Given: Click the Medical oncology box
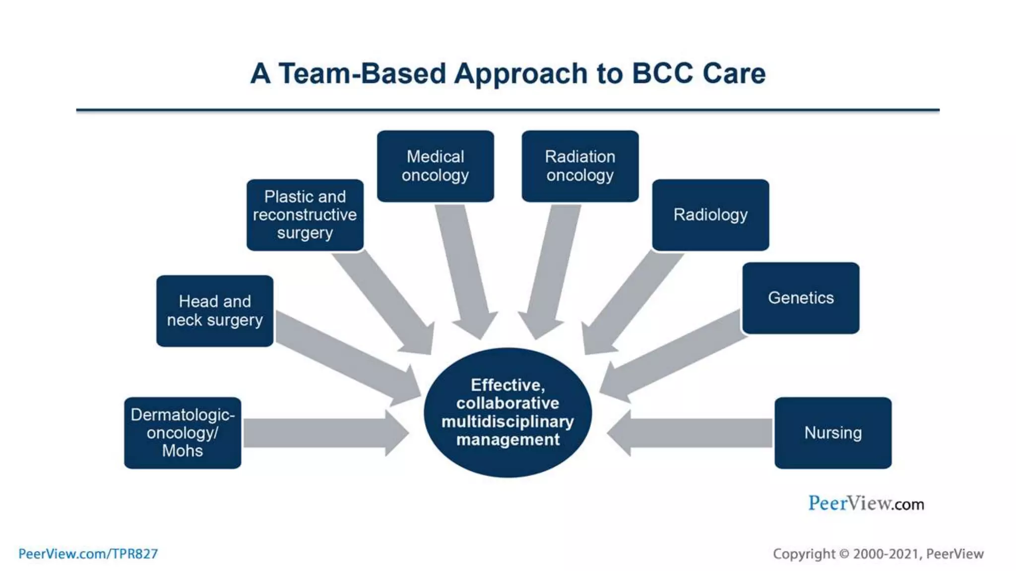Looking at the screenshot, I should [x=435, y=166].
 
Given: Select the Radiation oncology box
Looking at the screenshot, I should [x=580, y=166].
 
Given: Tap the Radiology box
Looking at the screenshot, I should [x=710, y=215].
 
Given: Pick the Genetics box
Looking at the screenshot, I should [x=801, y=298].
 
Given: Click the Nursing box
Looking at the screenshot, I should [x=833, y=433].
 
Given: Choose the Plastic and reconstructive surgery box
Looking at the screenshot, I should [x=305, y=215].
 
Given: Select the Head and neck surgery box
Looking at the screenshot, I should [x=214, y=311].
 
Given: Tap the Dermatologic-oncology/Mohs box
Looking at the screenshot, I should [x=183, y=433].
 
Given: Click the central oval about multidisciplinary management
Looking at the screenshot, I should [x=508, y=412].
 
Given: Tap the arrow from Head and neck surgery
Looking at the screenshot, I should [x=347, y=357].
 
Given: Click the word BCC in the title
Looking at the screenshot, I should [x=662, y=73].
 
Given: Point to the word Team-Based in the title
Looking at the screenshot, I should [x=362, y=73].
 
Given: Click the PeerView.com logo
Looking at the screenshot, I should [x=866, y=504].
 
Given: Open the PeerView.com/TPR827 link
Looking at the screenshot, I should [x=88, y=554].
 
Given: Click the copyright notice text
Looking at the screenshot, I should [x=878, y=554].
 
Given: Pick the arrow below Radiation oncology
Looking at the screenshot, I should [x=551, y=270].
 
